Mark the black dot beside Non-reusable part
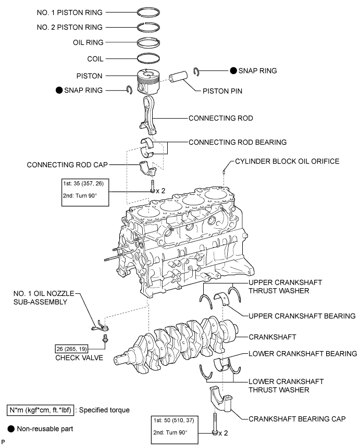click(10, 429)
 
